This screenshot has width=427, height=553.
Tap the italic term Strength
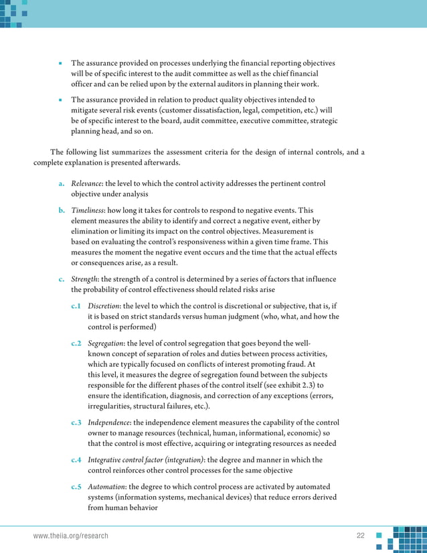pyautogui.click(x=84, y=279)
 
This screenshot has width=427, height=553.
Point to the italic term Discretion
pyautogui.click(x=104, y=306)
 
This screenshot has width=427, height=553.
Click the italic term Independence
pyautogui.click(x=109, y=422)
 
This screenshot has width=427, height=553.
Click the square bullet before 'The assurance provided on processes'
pyautogui.click(x=60, y=64)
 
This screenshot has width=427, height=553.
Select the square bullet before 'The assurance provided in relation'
pyautogui.click(x=60, y=100)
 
